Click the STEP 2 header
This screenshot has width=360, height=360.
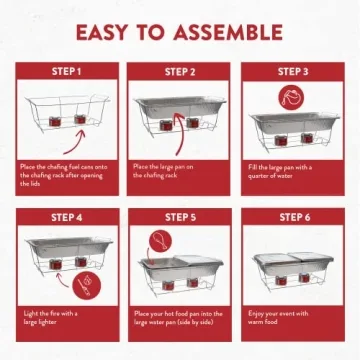[x=180, y=71]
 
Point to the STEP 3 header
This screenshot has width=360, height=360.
[x=294, y=71]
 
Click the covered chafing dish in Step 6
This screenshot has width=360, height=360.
[x=294, y=265]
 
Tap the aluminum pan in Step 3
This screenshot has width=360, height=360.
[x=294, y=125]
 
